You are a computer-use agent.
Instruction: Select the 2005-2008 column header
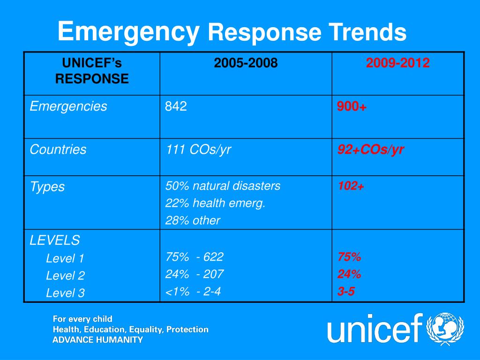tap(246, 63)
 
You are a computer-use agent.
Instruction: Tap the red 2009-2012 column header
tap(398, 63)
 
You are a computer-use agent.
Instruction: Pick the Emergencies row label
tap(68, 107)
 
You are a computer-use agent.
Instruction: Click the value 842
tap(176, 107)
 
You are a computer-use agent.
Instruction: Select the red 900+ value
tap(352, 107)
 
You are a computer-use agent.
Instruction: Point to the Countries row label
tap(58, 150)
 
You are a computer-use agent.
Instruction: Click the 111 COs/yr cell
tap(198, 150)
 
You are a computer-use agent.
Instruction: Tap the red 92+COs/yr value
tap(371, 150)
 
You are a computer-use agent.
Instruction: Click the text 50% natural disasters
tap(223, 186)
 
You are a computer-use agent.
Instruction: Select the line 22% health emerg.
tap(215, 203)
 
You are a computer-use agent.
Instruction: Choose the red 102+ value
tap(351, 186)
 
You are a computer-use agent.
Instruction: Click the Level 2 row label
tap(65, 276)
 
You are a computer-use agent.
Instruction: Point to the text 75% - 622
tap(194, 257)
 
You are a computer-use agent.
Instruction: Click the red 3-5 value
tap(346, 292)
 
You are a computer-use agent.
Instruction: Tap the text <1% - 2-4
tap(193, 292)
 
